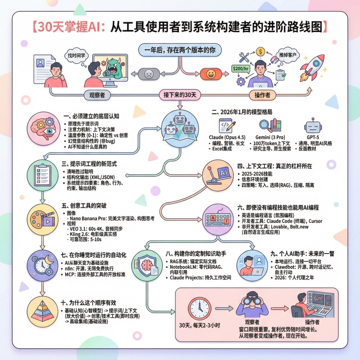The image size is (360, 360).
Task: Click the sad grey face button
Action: tap(148, 73)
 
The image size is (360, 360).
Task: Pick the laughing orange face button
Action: tap(210, 73)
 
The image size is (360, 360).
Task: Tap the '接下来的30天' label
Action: tap(180, 95)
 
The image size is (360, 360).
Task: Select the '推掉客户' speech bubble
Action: tap(288, 55)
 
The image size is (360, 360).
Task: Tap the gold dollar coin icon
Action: tap(261, 51)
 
